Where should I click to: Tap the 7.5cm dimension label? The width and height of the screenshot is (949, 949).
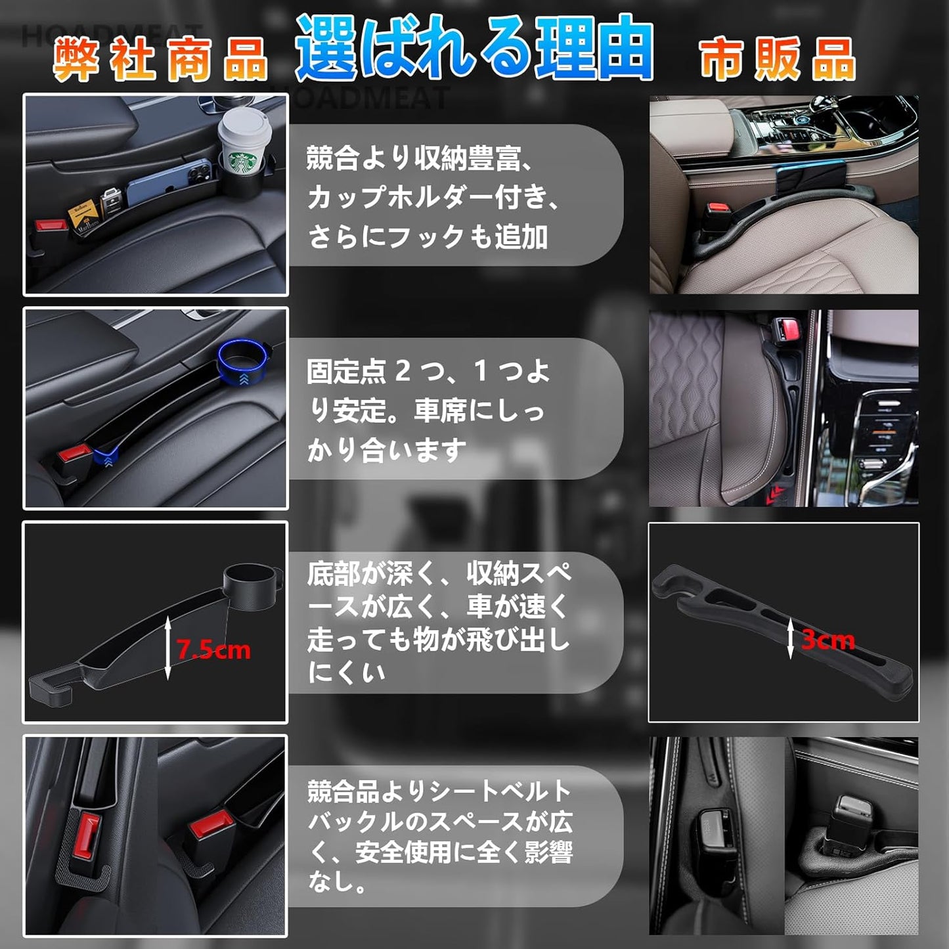click(214, 650)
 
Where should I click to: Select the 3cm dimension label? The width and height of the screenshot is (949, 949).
click(828, 640)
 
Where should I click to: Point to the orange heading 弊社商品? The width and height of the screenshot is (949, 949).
click(160, 59)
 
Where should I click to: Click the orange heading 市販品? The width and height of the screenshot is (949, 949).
click(778, 59)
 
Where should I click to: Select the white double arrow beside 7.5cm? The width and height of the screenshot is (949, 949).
click(168, 647)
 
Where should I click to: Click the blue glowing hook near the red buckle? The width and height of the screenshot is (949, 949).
click(105, 456)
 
